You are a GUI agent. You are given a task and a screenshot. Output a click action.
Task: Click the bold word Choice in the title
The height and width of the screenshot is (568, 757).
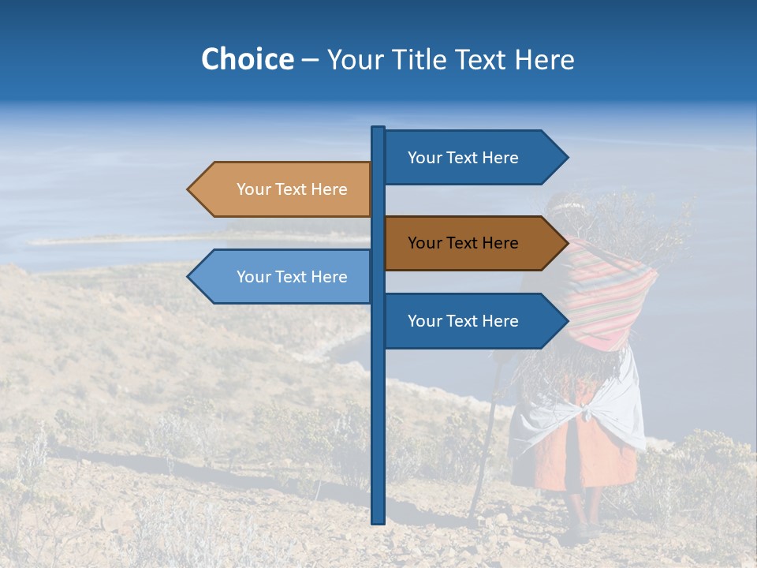(x=247, y=59)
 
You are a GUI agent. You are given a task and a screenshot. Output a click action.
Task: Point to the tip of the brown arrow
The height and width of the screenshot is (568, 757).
(x=567, y=243)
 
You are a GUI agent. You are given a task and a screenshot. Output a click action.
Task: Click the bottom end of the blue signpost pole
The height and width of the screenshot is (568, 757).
(x=378, y=521)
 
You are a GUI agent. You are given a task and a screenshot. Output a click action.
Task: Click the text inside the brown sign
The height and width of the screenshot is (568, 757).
(x=463, y=243)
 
